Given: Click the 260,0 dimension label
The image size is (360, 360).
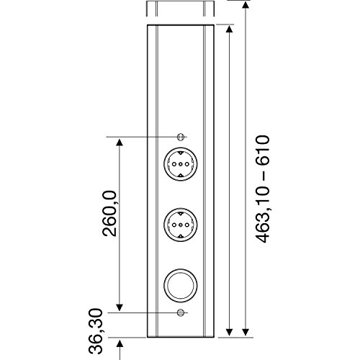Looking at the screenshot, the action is pyautogui.click(x=109, y=214).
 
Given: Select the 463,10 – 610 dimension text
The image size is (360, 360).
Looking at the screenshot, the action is pyautogui.click(x=262, y=189).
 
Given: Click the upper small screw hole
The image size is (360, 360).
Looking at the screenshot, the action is pyautogui.click(x=181, y=137).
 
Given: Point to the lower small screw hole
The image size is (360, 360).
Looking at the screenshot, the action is pyautogui.click(x=181, y=312).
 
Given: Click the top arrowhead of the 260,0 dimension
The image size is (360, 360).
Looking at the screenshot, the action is pyautogui.click(x=120, y=143).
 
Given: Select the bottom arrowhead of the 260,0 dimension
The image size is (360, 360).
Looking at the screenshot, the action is pyautogui.click(x=120, y=307).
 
